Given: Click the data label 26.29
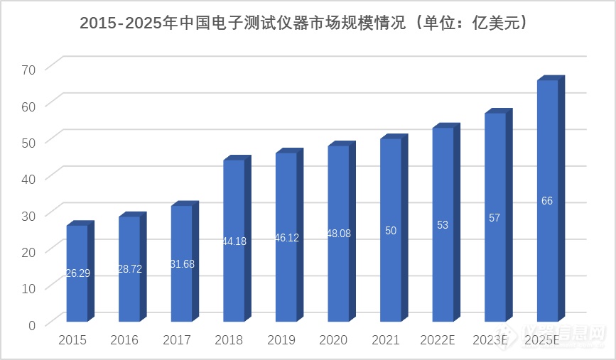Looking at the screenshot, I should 77,273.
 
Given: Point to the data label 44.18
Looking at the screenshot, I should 234,241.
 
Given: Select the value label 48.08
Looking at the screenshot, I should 338,233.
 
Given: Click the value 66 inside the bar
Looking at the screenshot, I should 547,201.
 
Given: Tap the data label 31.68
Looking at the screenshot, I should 182,264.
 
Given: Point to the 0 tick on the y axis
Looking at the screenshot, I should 31,324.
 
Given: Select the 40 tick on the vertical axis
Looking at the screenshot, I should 28,178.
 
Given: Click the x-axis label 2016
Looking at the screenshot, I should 124,340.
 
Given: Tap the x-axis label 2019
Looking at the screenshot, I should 281,340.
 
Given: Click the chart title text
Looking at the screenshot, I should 308,23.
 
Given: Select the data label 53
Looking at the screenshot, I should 443,225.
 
